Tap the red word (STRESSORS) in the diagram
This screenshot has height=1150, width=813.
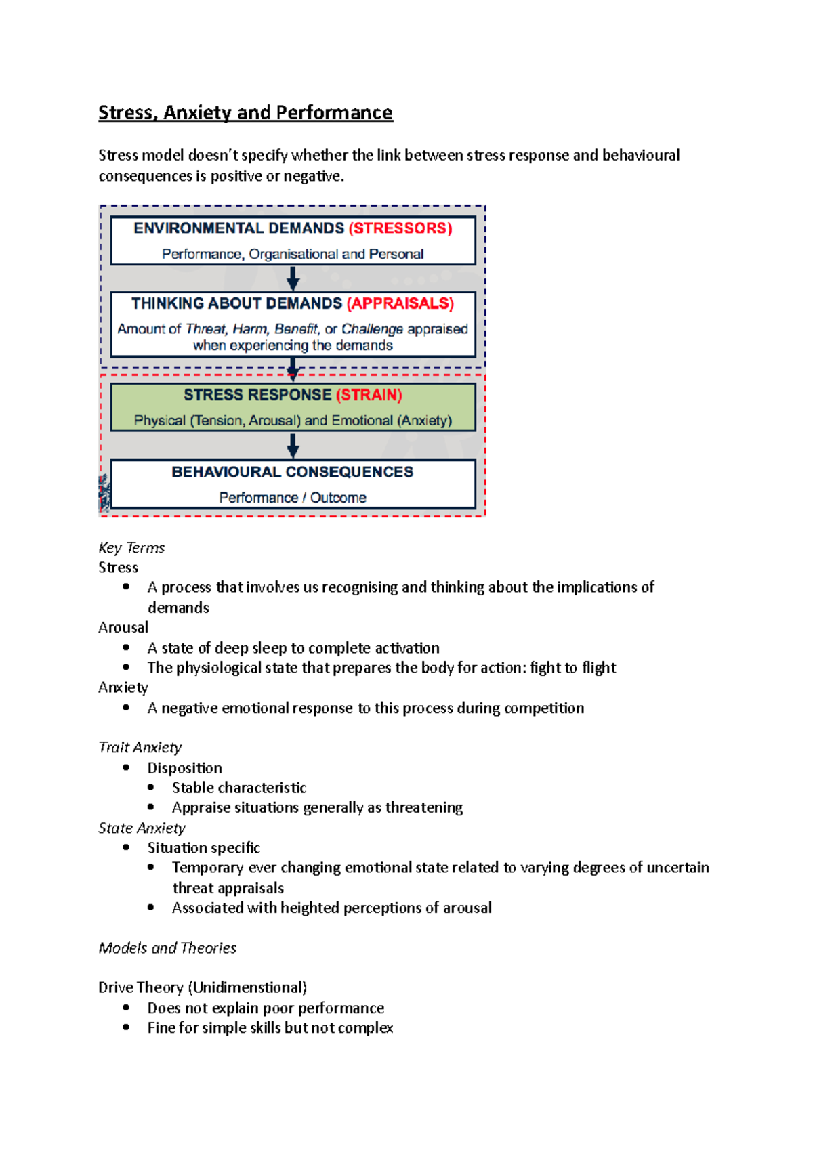click(x=400, y=228)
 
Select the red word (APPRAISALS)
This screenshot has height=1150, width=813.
click(x=400, y=303)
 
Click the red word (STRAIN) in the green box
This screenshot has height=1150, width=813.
click(x=369, y=395)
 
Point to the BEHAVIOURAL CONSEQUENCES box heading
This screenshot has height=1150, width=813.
click(x=292, y=472)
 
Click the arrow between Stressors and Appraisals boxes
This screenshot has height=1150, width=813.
click(x=293, y=278)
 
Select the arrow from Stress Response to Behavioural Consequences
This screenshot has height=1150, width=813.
click(x=293, y=446)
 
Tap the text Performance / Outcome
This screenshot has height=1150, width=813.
click(x=292, y=498)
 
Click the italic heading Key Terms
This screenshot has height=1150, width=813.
click(x=131, y=548)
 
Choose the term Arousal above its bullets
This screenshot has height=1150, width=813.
click(x=123, y=628)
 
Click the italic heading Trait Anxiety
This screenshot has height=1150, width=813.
click(x=140, y=748)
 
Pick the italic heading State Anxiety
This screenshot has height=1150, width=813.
click(x=142, y=828)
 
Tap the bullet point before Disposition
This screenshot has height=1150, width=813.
click(x=126, y=767)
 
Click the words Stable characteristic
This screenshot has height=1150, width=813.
click(x=238, y=788)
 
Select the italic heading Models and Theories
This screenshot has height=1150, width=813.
click(x=167, y=948)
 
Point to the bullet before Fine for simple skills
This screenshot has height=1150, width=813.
click(x=126, y=1027)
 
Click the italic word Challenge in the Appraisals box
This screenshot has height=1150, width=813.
click(x=372, y=329)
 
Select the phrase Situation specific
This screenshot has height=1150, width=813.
click(x=203, y=848)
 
